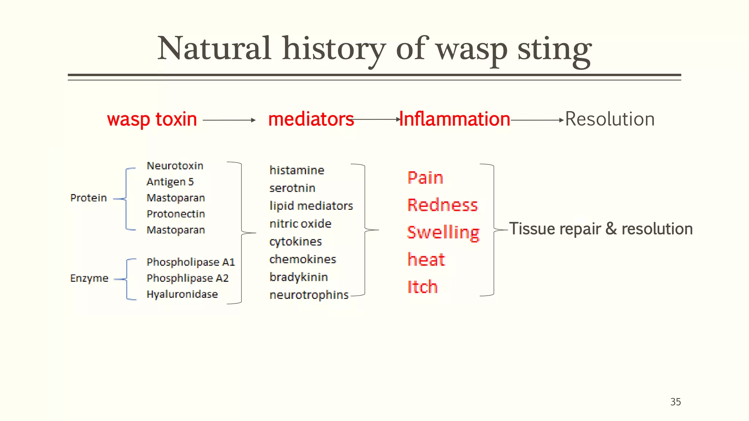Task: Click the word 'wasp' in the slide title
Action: coord(472,49)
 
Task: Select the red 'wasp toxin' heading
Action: coord(152,119)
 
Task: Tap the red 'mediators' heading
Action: coord(311,119)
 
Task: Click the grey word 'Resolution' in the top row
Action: coord(610,119)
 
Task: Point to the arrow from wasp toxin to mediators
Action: coord(229,120)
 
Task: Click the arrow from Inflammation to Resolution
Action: coord(537,120)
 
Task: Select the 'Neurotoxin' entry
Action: coord(175,166)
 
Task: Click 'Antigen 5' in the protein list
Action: coord(170,182)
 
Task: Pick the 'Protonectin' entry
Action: coord(176,214)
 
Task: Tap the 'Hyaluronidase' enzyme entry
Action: coord(182,294)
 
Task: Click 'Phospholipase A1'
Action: coord(191,262)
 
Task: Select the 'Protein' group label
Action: coord(89,198)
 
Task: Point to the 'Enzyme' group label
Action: coord(89,278)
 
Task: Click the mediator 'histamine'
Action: coord(297,170)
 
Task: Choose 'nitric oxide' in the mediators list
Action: coord(300,224)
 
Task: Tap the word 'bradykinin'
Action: coord(298,277)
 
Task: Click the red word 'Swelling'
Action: coord(443,232)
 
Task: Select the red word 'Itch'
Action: coord(422,287)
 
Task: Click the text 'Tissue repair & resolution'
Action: coord(601,229)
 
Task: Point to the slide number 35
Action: coord(675,402)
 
